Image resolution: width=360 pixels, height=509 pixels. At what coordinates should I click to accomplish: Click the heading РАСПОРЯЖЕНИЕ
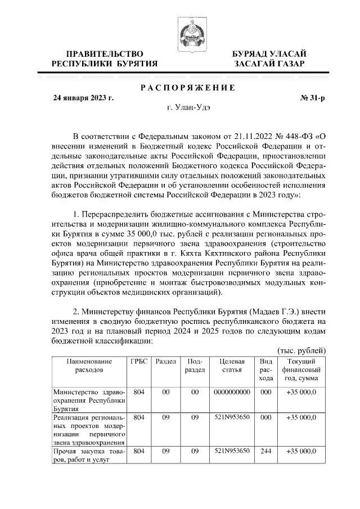coord(187,88)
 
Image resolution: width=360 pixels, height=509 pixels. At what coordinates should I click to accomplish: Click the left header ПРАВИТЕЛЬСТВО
coord(104,53)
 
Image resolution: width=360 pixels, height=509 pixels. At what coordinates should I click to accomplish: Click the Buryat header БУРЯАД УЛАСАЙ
coord(269,53)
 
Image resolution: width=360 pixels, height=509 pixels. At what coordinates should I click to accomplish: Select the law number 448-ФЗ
coord(289,136)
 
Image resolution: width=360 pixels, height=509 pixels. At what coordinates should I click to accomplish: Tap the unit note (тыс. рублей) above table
coord(301,350)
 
